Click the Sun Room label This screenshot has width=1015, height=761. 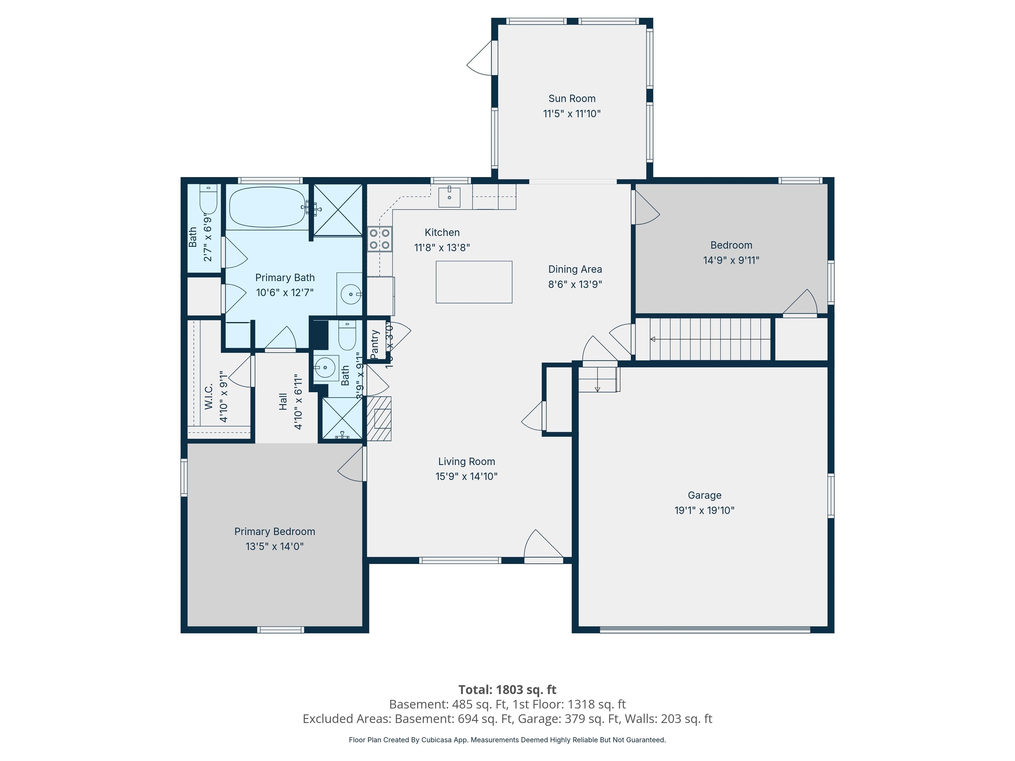coord(572,99)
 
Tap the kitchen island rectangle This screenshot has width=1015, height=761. coord(473,282)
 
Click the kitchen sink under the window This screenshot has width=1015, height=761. coord(449,197)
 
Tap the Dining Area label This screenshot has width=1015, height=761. coord(575,269)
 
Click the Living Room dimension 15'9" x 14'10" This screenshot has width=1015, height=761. coord(466,476)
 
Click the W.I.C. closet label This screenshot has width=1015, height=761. coord(209,397)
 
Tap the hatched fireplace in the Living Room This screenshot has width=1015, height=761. coord(379,418)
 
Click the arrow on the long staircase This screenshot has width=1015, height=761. coord(653,339)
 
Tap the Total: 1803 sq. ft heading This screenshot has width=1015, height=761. coord(507,689)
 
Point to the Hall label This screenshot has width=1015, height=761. coord(283,401)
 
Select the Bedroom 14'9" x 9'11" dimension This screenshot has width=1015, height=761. coord(731,260)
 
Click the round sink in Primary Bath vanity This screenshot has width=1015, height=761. coord(351,294)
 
